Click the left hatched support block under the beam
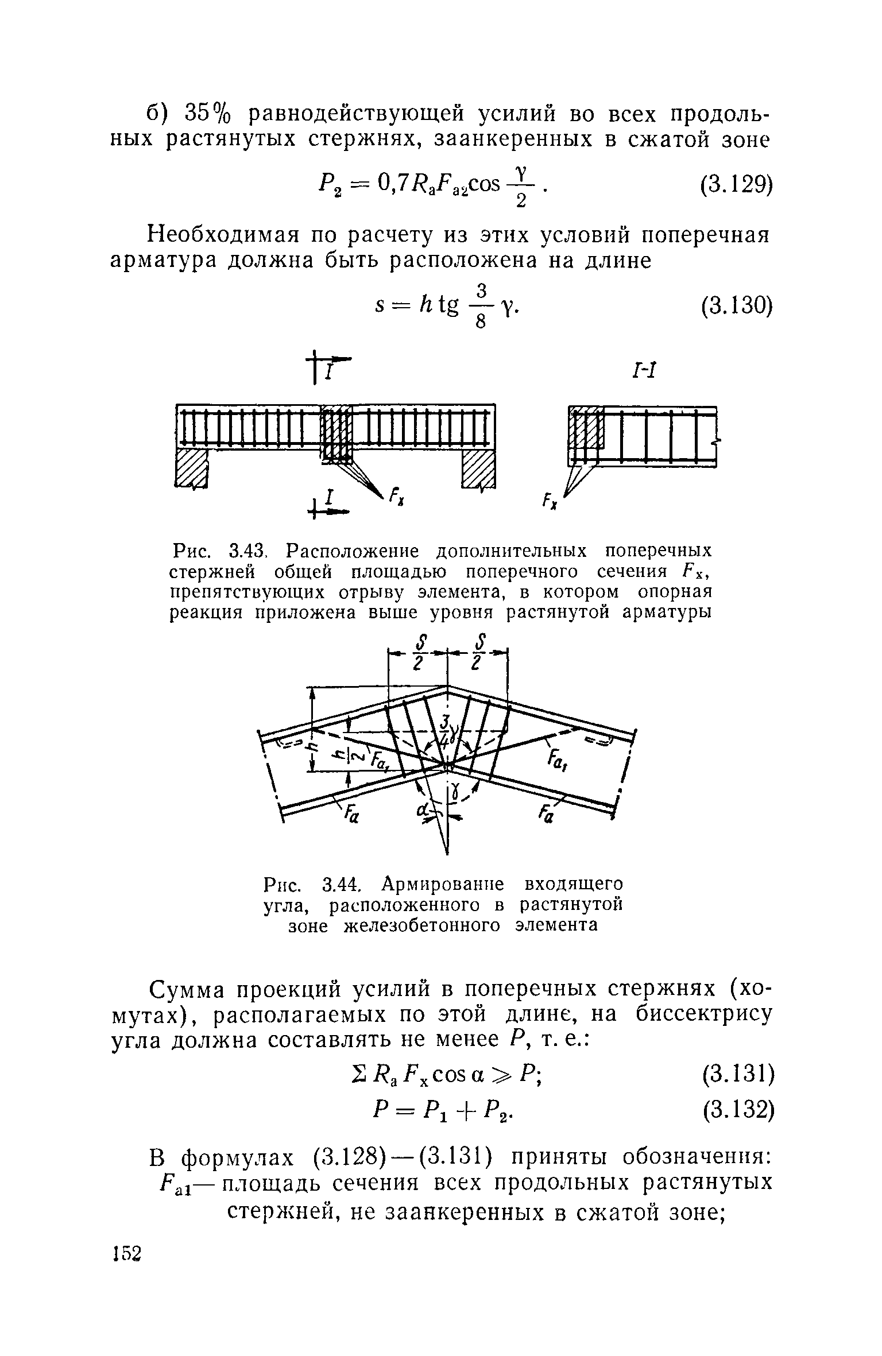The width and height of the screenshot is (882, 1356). (191, 467)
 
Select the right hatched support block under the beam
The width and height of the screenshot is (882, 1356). (478, 467)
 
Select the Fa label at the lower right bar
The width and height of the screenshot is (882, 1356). (546, 813)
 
